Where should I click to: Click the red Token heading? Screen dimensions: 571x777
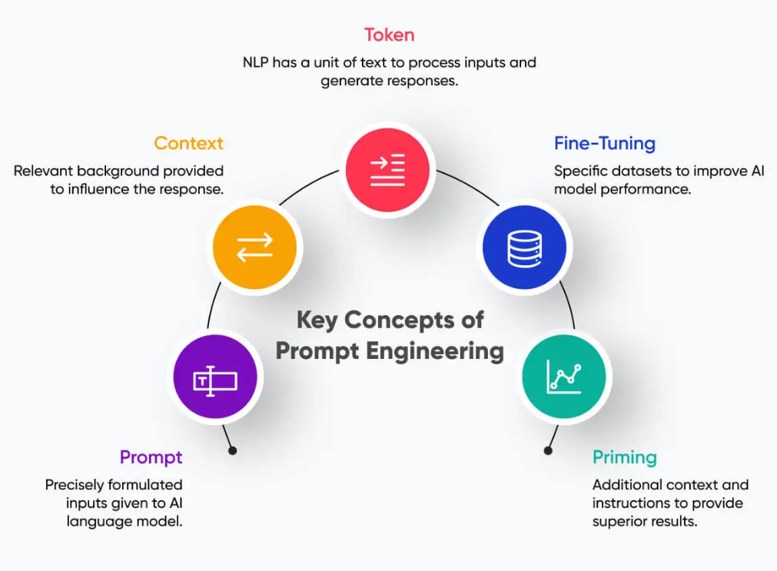click(x=389, y=35)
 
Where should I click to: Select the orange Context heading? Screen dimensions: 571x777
click(x=188, y=143)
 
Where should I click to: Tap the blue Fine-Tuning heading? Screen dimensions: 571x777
click(x=604, y=143)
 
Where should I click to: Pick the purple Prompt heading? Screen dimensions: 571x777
click(x=151, y=457)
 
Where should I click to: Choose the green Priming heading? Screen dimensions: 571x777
click(x=624, y=457)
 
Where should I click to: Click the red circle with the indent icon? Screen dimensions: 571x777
click(x=387, y=170)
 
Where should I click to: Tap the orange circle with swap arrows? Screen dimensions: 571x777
click(x=254, y=247)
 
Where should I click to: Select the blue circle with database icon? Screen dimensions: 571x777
click(x=524, y=248)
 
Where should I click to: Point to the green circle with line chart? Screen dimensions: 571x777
click(x=563, y=377)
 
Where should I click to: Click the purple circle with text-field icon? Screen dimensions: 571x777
click(x=215, y=379)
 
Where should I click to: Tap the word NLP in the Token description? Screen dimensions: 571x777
click(x=256, y=61)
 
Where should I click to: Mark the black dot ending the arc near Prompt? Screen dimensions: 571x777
click(x=233, y=450)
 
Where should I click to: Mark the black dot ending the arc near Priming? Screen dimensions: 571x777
click(x=548, y=450)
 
